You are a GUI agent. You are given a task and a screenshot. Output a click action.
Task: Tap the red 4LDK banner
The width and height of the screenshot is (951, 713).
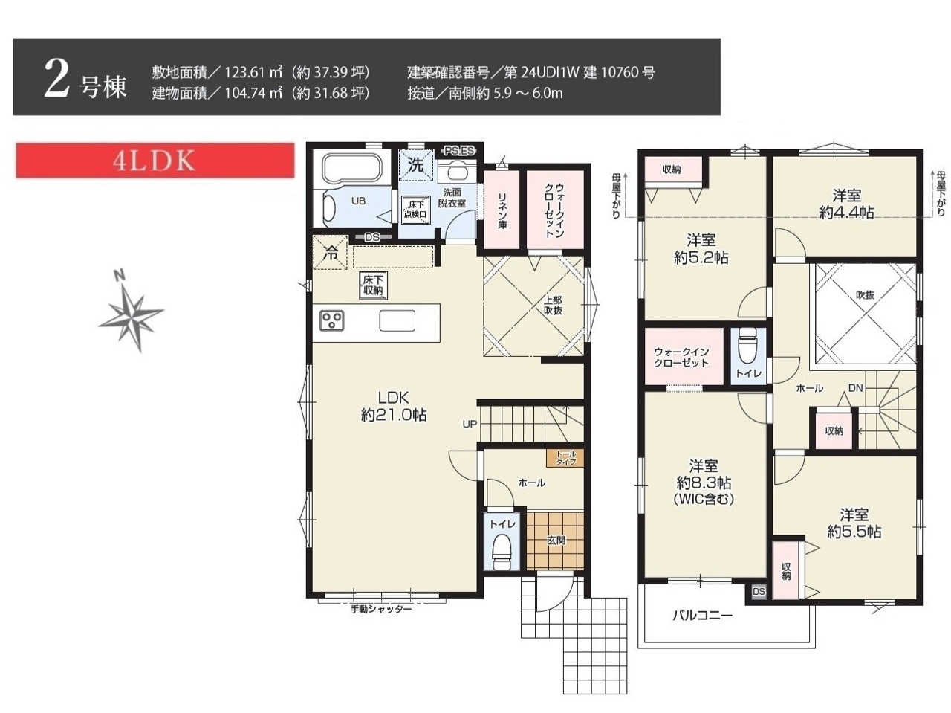pos(155,161)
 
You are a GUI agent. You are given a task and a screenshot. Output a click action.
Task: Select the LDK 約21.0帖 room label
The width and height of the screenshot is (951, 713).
pos(394,406)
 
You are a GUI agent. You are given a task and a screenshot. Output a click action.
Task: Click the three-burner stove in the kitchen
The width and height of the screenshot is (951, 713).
pos(332,320)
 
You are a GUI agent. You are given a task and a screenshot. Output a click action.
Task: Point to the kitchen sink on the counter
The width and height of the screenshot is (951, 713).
pos(397,321)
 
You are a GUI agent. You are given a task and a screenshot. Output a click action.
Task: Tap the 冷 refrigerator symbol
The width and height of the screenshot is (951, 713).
pos(331,253)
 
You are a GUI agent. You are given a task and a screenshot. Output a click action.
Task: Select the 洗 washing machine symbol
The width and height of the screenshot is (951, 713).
pos(416,165)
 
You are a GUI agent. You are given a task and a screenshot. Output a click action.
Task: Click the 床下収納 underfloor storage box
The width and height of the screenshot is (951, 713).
pos(373,285)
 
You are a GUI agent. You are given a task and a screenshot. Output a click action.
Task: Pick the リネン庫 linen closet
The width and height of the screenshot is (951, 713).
pos(502,210)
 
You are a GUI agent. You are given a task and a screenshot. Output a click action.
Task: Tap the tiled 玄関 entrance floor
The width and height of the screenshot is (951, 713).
pos(555,541)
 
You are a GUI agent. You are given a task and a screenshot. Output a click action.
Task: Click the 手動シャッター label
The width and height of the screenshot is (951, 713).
pos(381,609)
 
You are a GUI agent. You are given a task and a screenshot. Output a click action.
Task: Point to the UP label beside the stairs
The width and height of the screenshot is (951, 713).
pos(470,424)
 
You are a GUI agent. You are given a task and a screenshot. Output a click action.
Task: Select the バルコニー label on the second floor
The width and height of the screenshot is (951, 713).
pos(703,615)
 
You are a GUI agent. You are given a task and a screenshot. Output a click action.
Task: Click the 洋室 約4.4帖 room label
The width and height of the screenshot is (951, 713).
pos(846,204)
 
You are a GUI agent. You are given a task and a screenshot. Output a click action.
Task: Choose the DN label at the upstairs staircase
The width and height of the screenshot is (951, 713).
pos(856,388)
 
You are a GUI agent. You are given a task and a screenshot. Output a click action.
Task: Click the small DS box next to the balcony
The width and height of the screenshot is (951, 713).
pos(759,592)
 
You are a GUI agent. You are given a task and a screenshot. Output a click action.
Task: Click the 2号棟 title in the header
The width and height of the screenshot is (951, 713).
pos(85,80)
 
